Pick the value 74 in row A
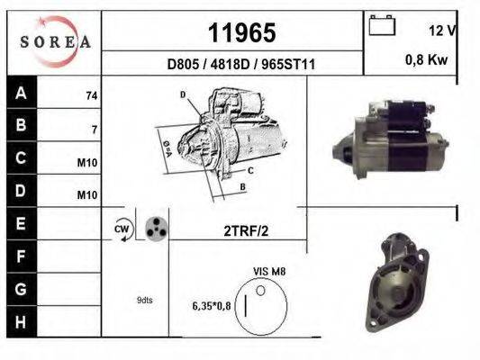point(91,95)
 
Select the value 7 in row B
point(94,129)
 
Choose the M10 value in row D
point(87,194)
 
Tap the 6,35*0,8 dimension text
point(212,306)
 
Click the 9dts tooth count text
point(144,301)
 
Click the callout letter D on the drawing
point(183,94)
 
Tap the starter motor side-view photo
point(391,137)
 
